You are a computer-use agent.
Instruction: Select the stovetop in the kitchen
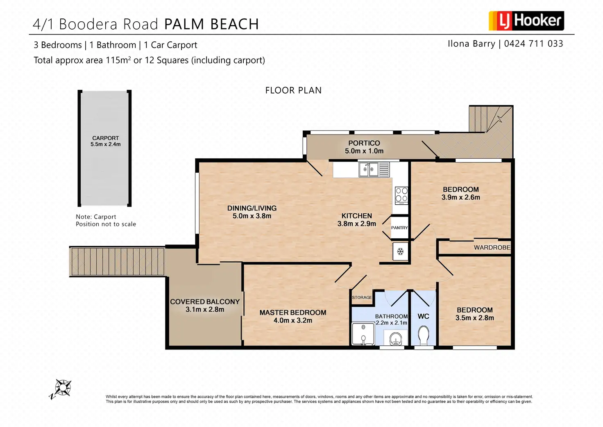coord(401,195)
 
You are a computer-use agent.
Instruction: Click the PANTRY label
coord(399,228)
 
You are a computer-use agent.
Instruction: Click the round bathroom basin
coord(396,339)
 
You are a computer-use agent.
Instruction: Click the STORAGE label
coord(362,297)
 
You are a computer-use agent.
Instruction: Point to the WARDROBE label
coord(492,247)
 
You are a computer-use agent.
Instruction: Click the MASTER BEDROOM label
coord(293,313)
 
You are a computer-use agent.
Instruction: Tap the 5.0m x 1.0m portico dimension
coord(364,151)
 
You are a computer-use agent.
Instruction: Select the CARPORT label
coord(105,138)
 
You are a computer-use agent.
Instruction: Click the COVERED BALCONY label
coord(205,301)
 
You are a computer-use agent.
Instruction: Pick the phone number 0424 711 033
coord(533,43)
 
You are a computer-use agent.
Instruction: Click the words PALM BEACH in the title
coord(211,24)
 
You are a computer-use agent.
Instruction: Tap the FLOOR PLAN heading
coord(293,90)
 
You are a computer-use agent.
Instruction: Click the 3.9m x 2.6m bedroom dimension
coord(461,197)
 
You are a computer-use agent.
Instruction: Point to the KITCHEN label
coord(357,216)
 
